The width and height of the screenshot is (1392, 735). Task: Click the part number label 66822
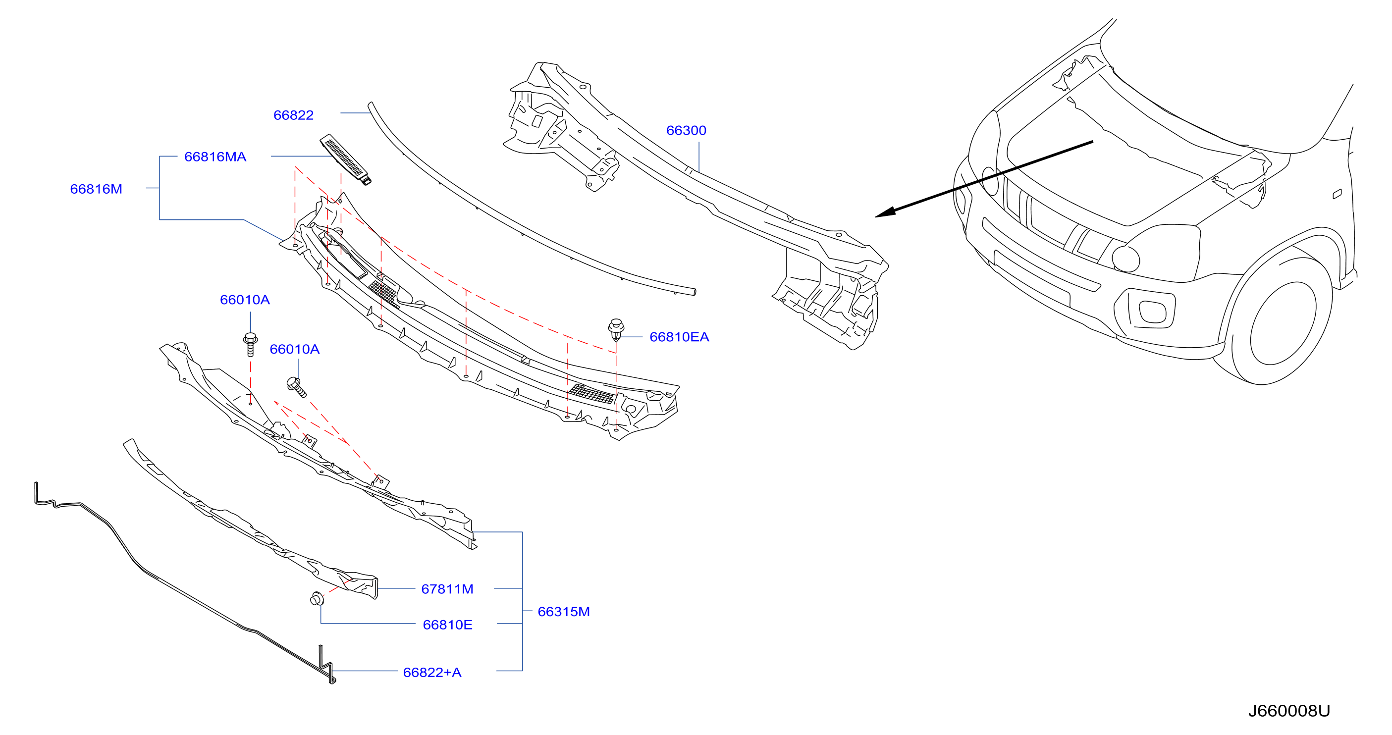(x=293, y=115)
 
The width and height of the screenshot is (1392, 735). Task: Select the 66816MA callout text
(x=215, y=157)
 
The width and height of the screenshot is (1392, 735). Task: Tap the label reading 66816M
(x=96, y=189)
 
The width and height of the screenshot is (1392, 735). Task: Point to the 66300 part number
(x=686, y=130)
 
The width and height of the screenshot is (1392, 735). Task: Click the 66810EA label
(x=679, y=337)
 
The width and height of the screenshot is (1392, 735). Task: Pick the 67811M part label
(x=447, y=589)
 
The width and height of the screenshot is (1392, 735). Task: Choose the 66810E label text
(x=447, y=625)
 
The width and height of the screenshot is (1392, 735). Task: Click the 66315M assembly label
(x=564, y=612)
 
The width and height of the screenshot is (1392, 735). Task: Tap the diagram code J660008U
(x=1289, y=711)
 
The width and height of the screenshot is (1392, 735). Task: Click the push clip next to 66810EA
(x=616, y=330)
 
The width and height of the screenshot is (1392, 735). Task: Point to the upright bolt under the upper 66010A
(x=250, y=344)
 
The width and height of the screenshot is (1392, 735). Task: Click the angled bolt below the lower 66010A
(x=297, y=387)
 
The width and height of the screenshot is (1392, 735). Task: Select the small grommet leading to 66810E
(x=317, y=599)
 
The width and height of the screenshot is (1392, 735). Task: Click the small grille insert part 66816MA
(x=345, y=159)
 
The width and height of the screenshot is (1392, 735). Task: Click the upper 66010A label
(x=245, y=300)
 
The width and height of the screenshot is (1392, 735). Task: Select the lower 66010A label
(x=295, y=349)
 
